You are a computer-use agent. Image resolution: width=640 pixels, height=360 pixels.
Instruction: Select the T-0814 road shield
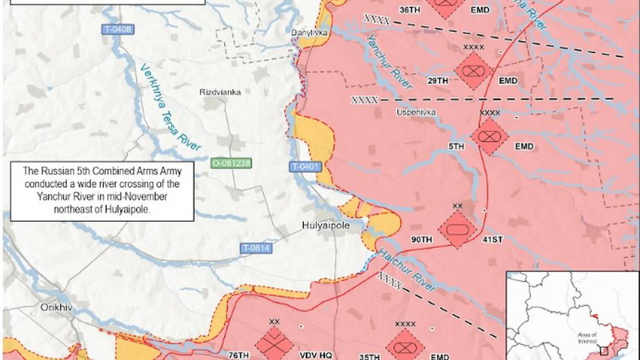click(256, 248)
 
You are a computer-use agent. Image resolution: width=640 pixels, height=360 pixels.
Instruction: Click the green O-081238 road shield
click(231, 163)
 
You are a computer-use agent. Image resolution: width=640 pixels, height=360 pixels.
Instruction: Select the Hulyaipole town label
click(325, 226)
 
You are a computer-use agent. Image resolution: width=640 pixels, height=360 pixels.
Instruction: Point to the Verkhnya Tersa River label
click(170, 108)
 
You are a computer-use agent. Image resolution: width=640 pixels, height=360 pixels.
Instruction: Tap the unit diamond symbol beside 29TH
click(474, 71)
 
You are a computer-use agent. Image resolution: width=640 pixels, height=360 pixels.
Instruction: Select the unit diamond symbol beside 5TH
click(490, 136)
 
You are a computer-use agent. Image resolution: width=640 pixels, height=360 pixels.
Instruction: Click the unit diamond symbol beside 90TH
click(458, 229)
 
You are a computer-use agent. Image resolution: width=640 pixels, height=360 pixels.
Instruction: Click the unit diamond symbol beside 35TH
click(405, 345)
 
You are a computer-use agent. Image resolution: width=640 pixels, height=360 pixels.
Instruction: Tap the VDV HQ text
click(311, 355)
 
